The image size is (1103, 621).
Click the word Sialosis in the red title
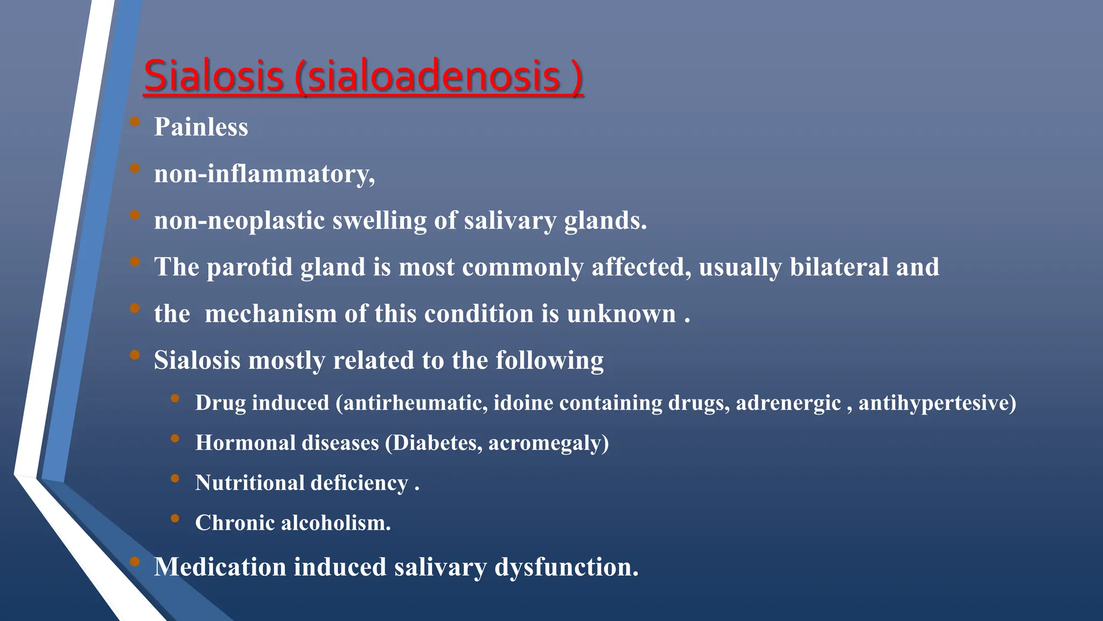(x=213, y=76)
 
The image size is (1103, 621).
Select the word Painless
(x=201, y=127)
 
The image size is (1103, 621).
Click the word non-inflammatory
(x=264, y=174)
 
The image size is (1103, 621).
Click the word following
(x=549, y=361)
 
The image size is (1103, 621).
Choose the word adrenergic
(x=788, y=403)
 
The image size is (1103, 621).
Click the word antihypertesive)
(x=937, y=403)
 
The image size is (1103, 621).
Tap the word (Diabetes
(x=434, y=443)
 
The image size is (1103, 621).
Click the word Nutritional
(x=249, y=483)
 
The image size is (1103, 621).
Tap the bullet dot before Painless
(x=135, y=121)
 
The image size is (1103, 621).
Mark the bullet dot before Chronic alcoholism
(x=174, y=519)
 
